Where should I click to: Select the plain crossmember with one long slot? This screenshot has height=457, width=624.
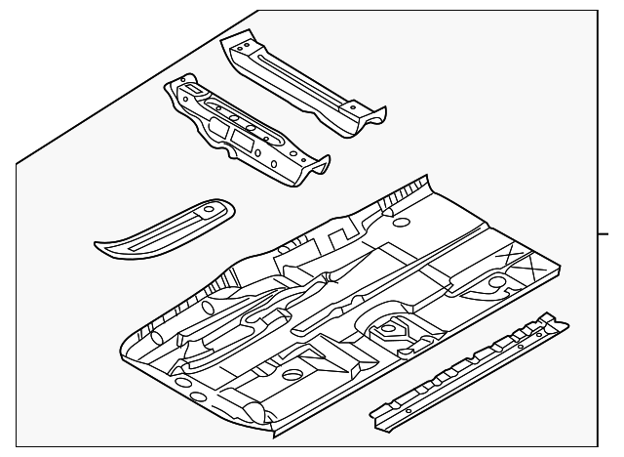pos(297,83)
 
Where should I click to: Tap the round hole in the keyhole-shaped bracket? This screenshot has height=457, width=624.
pos(498,283)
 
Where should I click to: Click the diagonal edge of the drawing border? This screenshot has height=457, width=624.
pos(136,88)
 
